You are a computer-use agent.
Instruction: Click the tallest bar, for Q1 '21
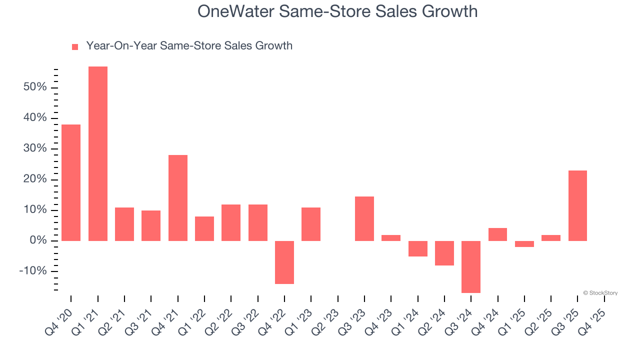[x=98, y=153]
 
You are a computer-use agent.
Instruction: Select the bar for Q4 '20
[x=71, y=182]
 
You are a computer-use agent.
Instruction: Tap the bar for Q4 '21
[x=178, y=198]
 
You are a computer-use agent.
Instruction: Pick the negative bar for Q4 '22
[x=284, y=262]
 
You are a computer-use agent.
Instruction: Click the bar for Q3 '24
[x=471, y=267]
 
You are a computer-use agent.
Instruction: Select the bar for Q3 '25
[x=577, y=206]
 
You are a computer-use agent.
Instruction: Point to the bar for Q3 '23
[x=364, y=218]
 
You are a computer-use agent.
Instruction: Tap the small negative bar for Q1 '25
[x=524, y=244]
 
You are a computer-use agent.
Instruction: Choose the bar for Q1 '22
[x=204, y=228]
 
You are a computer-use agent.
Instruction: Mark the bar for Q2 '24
[x=444, y=253]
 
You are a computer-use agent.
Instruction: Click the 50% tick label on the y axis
[x=34, y=87]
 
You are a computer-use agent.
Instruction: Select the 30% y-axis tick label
[x=34, y=148]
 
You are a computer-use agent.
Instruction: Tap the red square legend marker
[x=75, y=46]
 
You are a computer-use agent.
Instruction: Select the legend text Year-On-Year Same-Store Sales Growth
[x=189, y=46]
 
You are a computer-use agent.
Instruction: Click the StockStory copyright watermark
[x=600, y=293]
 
